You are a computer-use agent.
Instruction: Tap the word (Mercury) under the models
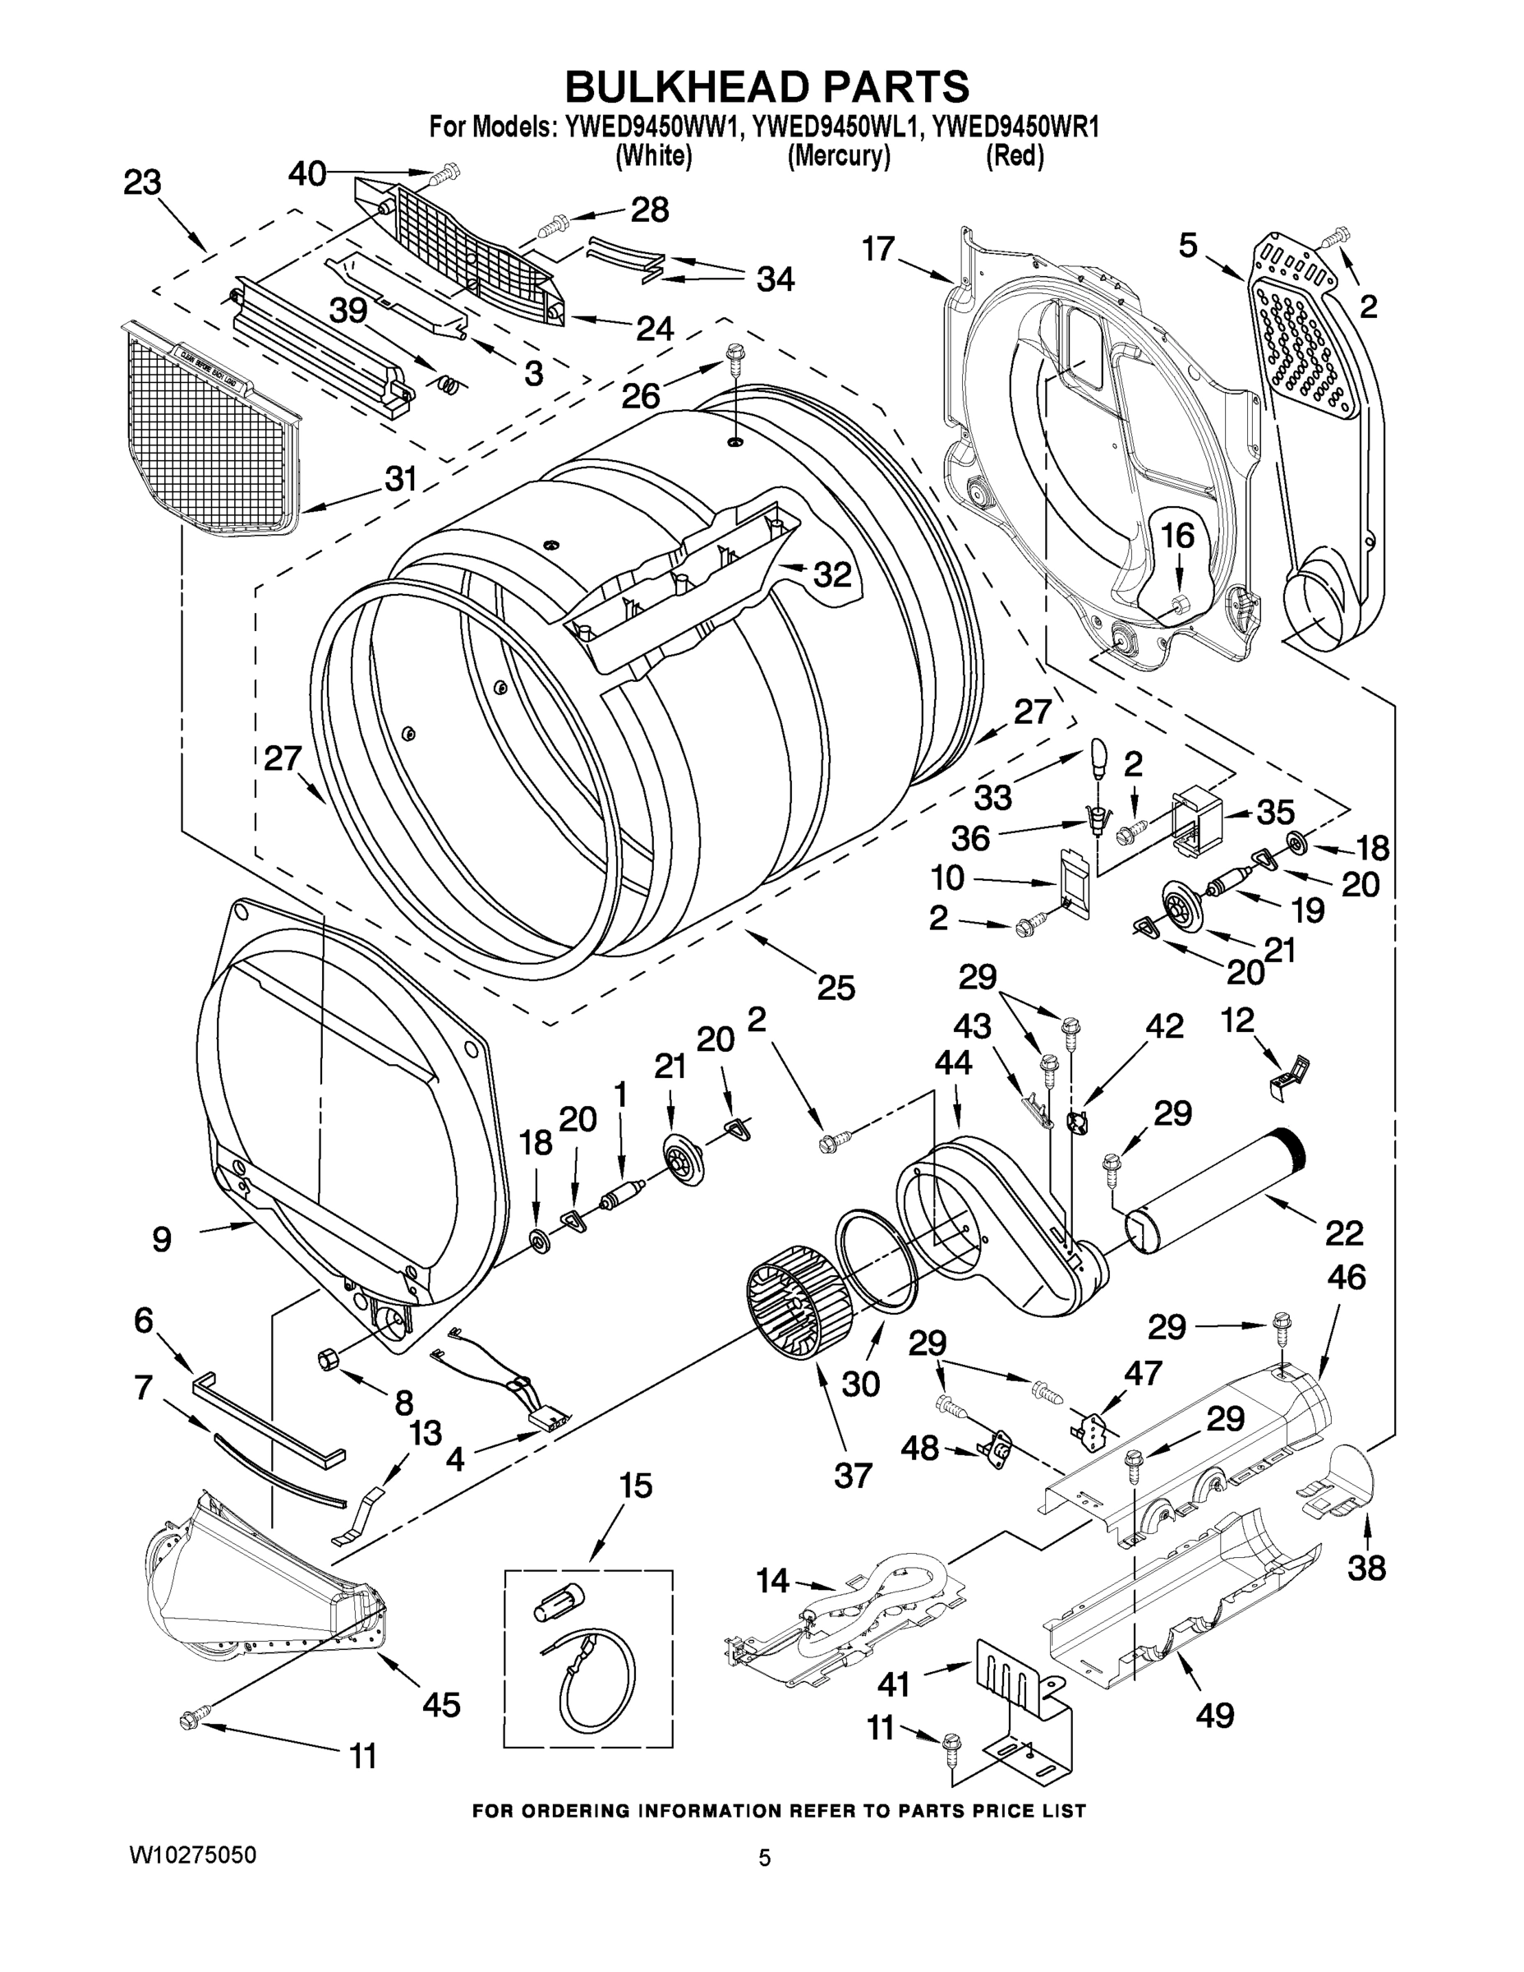(x=839, y=156)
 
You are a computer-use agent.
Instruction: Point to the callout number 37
(x=852, y=1476)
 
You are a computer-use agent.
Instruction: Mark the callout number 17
(x=877, y=248)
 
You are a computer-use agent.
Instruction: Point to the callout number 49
(x=1214, y=1715)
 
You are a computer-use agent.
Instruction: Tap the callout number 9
(x=162, y=1240)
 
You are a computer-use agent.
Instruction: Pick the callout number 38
(x=1366, y=1568)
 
